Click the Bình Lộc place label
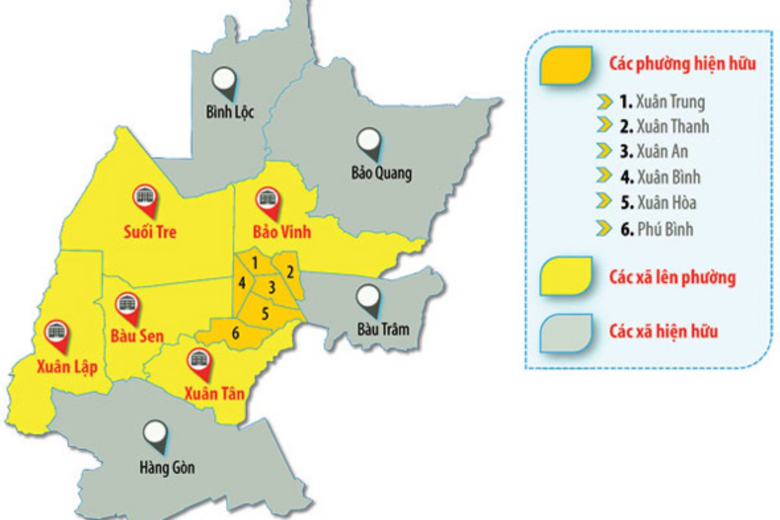tap(229, 112)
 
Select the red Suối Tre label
tap(150, 231)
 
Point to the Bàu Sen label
tap(137, 336)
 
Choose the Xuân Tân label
tap(214, 393)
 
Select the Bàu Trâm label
tap(383, 329)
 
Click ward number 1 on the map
tap(255, 263)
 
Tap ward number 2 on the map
tap(290, 271)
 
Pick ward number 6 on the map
tap(236, 333)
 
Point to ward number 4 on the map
tap(242, 283)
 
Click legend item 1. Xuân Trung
tap(662, 102)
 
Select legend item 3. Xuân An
tap(654, 151)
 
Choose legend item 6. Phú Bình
tap(657, 229)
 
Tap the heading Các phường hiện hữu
tap(682, 64)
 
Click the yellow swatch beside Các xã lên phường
tap(566, 276)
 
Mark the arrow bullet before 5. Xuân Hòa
tap(604, 201)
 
